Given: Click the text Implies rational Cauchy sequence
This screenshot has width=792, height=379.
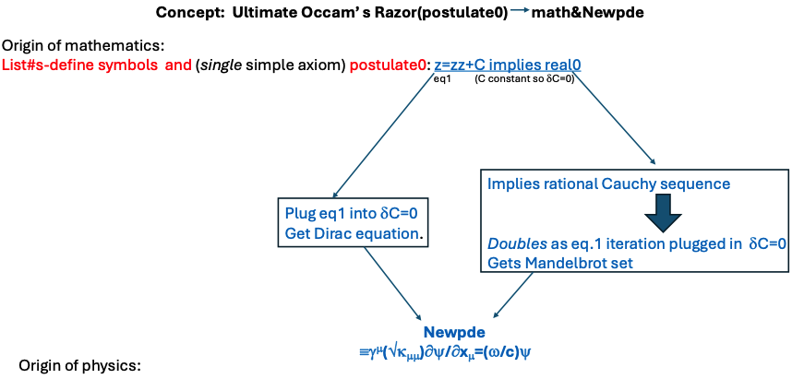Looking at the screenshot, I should pyautogui.click(x=608, y=184).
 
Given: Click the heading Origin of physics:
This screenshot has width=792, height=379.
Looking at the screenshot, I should pyautogui.click(x=78, y=366).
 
